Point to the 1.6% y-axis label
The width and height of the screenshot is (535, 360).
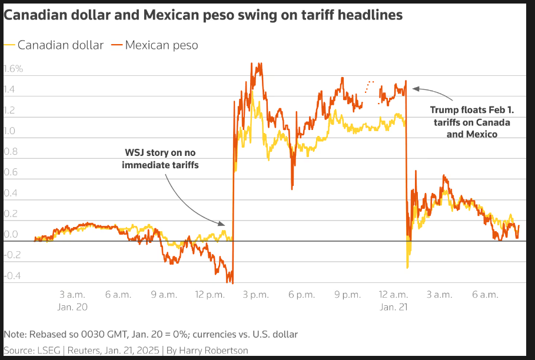pyautogui.click(x=13, y=69)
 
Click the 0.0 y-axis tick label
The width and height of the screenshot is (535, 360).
pyautogui.click(x=11, y=235)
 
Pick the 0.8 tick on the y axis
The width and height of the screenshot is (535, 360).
pyautogui.click(x=11, y=151)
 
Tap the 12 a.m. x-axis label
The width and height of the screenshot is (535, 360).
pyautogui.click(x=393, y=294)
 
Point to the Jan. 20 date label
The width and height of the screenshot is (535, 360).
pyautogui.click(x=74, y=306)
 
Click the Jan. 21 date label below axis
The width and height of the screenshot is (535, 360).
pyautogui.click(x=393, y=306)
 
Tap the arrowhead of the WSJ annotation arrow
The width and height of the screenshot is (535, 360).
pyautogui.click(x=222, y=224)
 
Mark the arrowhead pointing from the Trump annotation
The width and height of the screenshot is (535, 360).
pyautogui.click(x=415, y=89)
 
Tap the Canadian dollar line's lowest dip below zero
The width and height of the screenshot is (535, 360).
pyautogui.click(x=407, y=268)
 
